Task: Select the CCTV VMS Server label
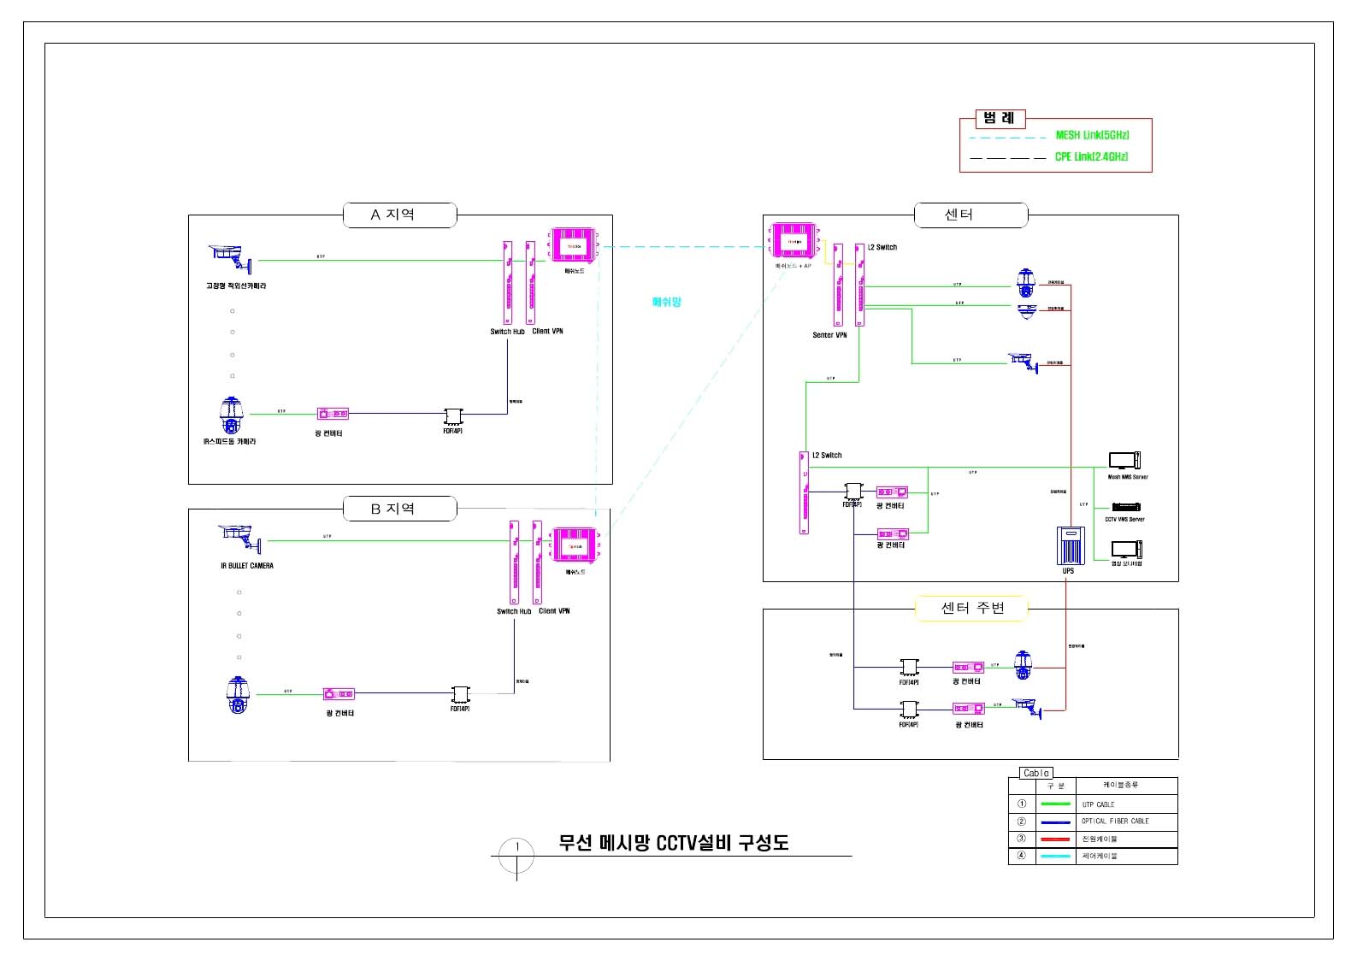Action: click(1124, 519)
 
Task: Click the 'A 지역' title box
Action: click(399, 215)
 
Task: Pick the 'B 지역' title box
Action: click(399, 509)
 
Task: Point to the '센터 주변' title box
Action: click(972, 608)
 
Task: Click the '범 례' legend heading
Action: click(999, 119)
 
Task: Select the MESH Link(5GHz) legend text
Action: click(1092, 135)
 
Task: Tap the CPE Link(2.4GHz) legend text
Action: click(1091, 156)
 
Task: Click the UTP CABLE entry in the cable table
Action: click(1098, 804)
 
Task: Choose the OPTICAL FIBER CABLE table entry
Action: click(1115, 822)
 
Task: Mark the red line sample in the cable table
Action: click(1055, 839)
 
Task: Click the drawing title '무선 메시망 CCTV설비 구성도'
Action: click(673, 843)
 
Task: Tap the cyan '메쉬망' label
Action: click(667, 302)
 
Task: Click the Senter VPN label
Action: click(829, 335)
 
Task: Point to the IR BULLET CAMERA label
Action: click(247, 566)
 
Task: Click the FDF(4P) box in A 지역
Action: click(452, 416)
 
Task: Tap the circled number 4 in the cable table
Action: click(1021, 856)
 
